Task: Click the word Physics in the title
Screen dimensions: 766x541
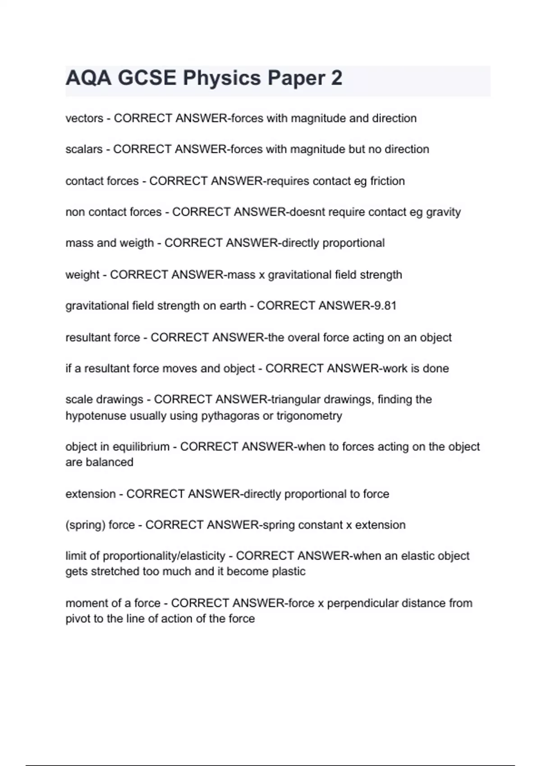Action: pos(221,78)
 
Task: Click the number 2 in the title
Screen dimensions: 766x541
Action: pos(336,78)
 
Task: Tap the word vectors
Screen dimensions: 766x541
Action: pos(84,119)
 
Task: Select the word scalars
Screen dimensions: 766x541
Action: pos(84,149)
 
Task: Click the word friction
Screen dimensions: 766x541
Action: pos(387,181)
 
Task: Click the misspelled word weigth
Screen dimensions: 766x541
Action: pos(137,243)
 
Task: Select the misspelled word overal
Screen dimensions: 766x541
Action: pos(316,337)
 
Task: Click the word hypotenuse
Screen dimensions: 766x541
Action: pos(96,415)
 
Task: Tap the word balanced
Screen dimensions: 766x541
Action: pos(110,462)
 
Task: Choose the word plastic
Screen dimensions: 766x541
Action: pos(289,571)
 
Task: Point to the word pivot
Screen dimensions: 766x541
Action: pos(78,619)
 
